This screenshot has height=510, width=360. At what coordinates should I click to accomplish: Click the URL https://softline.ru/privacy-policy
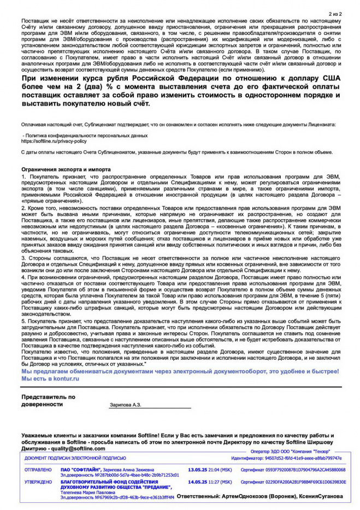pos(54,140)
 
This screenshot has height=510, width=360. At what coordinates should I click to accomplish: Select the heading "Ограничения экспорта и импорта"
pos(66,169)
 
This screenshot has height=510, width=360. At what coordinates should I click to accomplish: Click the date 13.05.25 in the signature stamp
pos(198,470)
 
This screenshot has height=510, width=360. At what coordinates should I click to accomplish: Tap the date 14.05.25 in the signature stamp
pos(198,482)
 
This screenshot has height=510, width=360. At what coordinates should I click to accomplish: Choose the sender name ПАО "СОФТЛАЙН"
pos(79,470)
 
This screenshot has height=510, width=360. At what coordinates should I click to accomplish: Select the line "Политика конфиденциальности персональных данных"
pos(86,134)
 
